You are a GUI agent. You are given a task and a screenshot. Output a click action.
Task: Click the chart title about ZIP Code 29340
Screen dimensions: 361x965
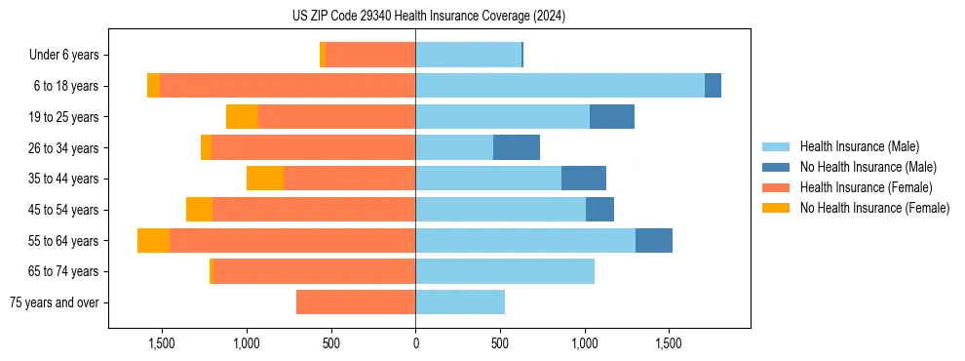click(x=428, y=17)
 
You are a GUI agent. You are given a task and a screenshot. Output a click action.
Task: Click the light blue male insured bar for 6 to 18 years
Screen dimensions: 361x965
click(x=560, y=86)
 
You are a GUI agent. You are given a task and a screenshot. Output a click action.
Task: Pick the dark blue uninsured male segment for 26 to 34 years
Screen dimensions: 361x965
click(x=517, y=147)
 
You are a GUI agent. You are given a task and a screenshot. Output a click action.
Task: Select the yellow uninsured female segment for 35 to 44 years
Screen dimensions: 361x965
click(x=265, y=179)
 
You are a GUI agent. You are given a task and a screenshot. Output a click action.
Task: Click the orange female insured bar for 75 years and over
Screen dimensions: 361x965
click(x=356, y=302)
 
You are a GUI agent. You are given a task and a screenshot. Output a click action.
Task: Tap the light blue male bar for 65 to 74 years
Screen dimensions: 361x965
click(x=505, y=271)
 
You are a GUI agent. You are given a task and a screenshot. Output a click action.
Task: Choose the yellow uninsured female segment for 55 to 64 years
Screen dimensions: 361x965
click(x=153, y=240)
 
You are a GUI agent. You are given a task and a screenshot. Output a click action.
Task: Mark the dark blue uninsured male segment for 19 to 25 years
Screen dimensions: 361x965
click(x=612, y=117)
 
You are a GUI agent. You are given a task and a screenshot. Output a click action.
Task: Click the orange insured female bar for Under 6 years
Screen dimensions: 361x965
click(x=370, y=55)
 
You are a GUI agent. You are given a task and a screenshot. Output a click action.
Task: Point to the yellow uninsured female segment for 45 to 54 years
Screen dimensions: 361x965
click(x=199, y=210)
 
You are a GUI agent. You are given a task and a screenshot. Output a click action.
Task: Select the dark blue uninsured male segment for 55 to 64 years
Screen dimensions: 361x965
click(x=654, y=240)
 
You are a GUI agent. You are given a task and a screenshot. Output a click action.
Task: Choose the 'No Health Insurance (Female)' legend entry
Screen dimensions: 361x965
click(x=874, y=208)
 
